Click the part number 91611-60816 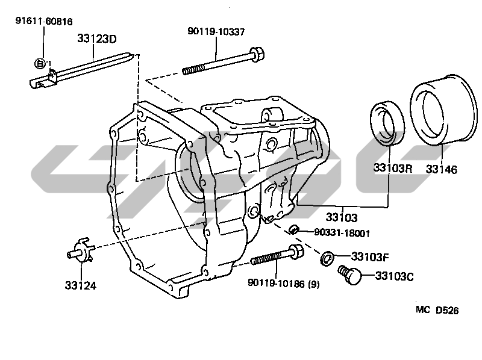pos(44,22)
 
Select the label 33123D pos(97,39)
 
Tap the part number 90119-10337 pos(216,32)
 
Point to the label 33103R pos(393,168)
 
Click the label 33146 pos(442,169)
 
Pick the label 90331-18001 pos(342,233)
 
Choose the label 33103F pos(370,257)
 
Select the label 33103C pos(395,276)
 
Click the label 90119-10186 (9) pos(283,284)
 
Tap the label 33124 pos(81,286)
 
